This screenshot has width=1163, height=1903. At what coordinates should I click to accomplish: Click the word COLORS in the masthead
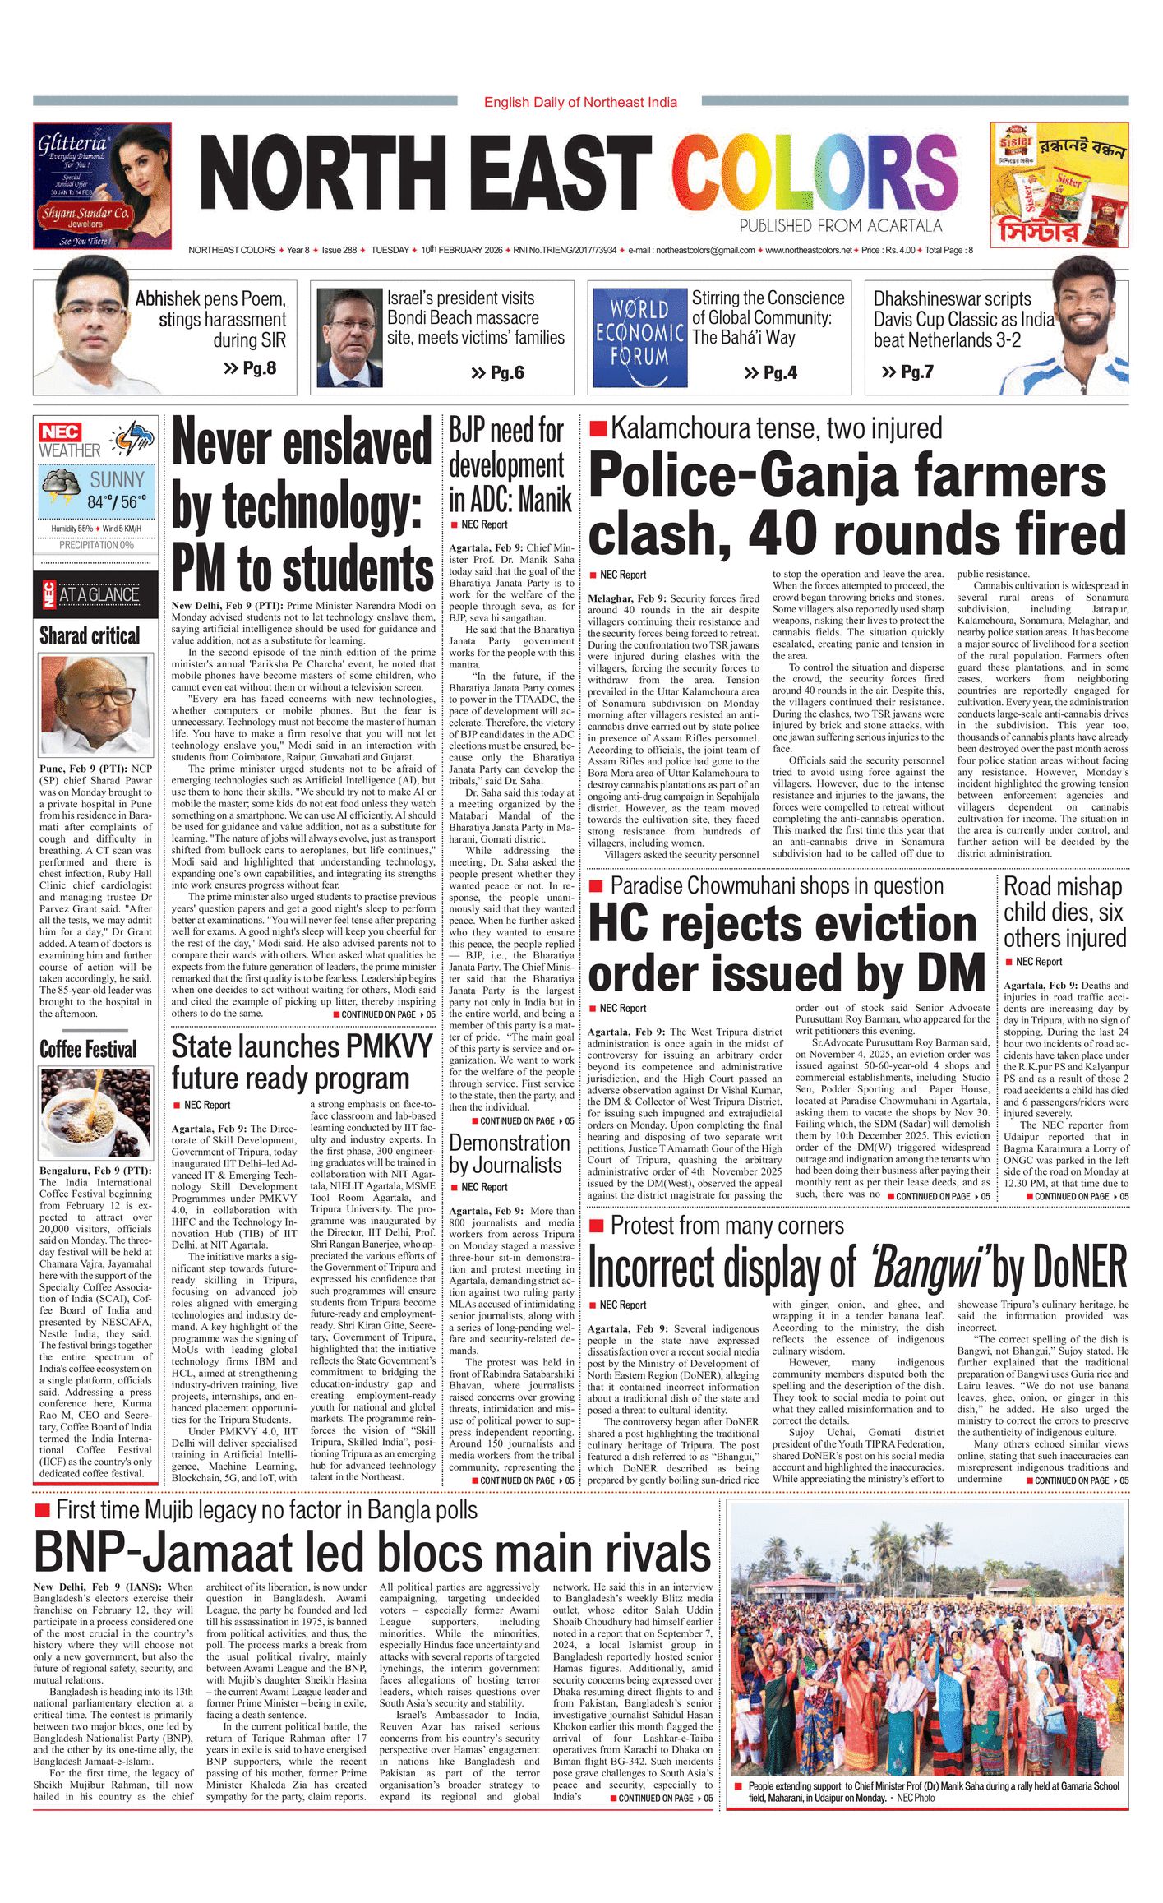815,173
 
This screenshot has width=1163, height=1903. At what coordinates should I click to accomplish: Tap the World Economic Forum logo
639,334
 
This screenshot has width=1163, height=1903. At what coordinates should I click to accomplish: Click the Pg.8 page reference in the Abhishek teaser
250,367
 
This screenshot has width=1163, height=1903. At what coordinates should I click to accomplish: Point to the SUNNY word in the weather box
117,480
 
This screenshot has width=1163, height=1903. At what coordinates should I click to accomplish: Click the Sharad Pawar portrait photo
96,704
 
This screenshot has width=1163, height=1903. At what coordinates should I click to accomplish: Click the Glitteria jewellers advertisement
102,186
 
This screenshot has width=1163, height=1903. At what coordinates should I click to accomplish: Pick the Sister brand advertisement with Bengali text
1059,186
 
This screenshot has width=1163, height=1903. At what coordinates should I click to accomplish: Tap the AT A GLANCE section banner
96,594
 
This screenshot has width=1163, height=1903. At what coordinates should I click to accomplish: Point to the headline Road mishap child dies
1064,912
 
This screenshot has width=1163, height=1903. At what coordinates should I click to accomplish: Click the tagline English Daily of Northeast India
580,102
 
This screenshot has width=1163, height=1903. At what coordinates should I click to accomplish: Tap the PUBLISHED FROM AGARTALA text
840,225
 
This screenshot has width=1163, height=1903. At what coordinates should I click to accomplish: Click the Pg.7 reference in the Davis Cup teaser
907,372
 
